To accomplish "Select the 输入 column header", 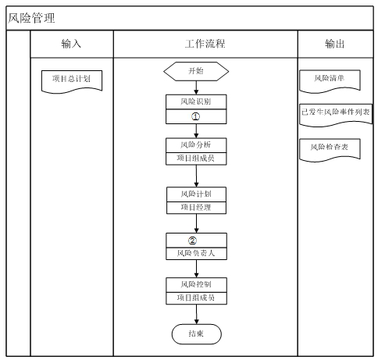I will pos(71,45).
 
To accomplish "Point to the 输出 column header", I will pos(337,45).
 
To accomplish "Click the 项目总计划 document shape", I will pos(71,79).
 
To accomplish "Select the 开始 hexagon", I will pos(196,71).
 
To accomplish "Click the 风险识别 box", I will pos(196,102).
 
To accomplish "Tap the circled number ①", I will pos(196,116).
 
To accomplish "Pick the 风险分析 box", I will pos(196,144).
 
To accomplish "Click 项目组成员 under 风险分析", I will pos(196,159).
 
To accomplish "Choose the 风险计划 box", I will pos(196,193).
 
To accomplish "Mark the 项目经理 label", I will pos(196,207).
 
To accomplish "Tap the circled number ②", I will pos(196,239).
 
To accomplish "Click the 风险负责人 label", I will pos(196,253).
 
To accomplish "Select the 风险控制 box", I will pos(196,283).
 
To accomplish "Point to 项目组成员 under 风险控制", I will pos(196,298).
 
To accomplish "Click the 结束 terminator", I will pos(196,333).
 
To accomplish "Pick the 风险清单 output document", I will pos(329,79).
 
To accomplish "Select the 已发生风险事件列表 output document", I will pos(337,112).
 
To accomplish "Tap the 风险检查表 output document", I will pos(329,147).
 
